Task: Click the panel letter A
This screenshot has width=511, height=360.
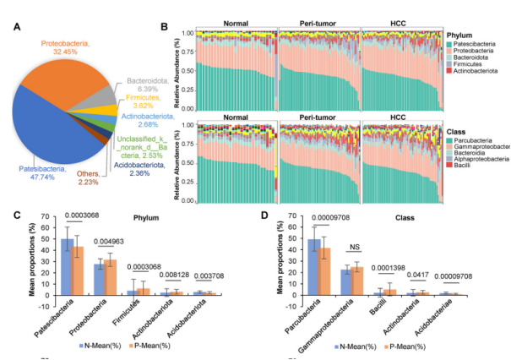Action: coord(17,26)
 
